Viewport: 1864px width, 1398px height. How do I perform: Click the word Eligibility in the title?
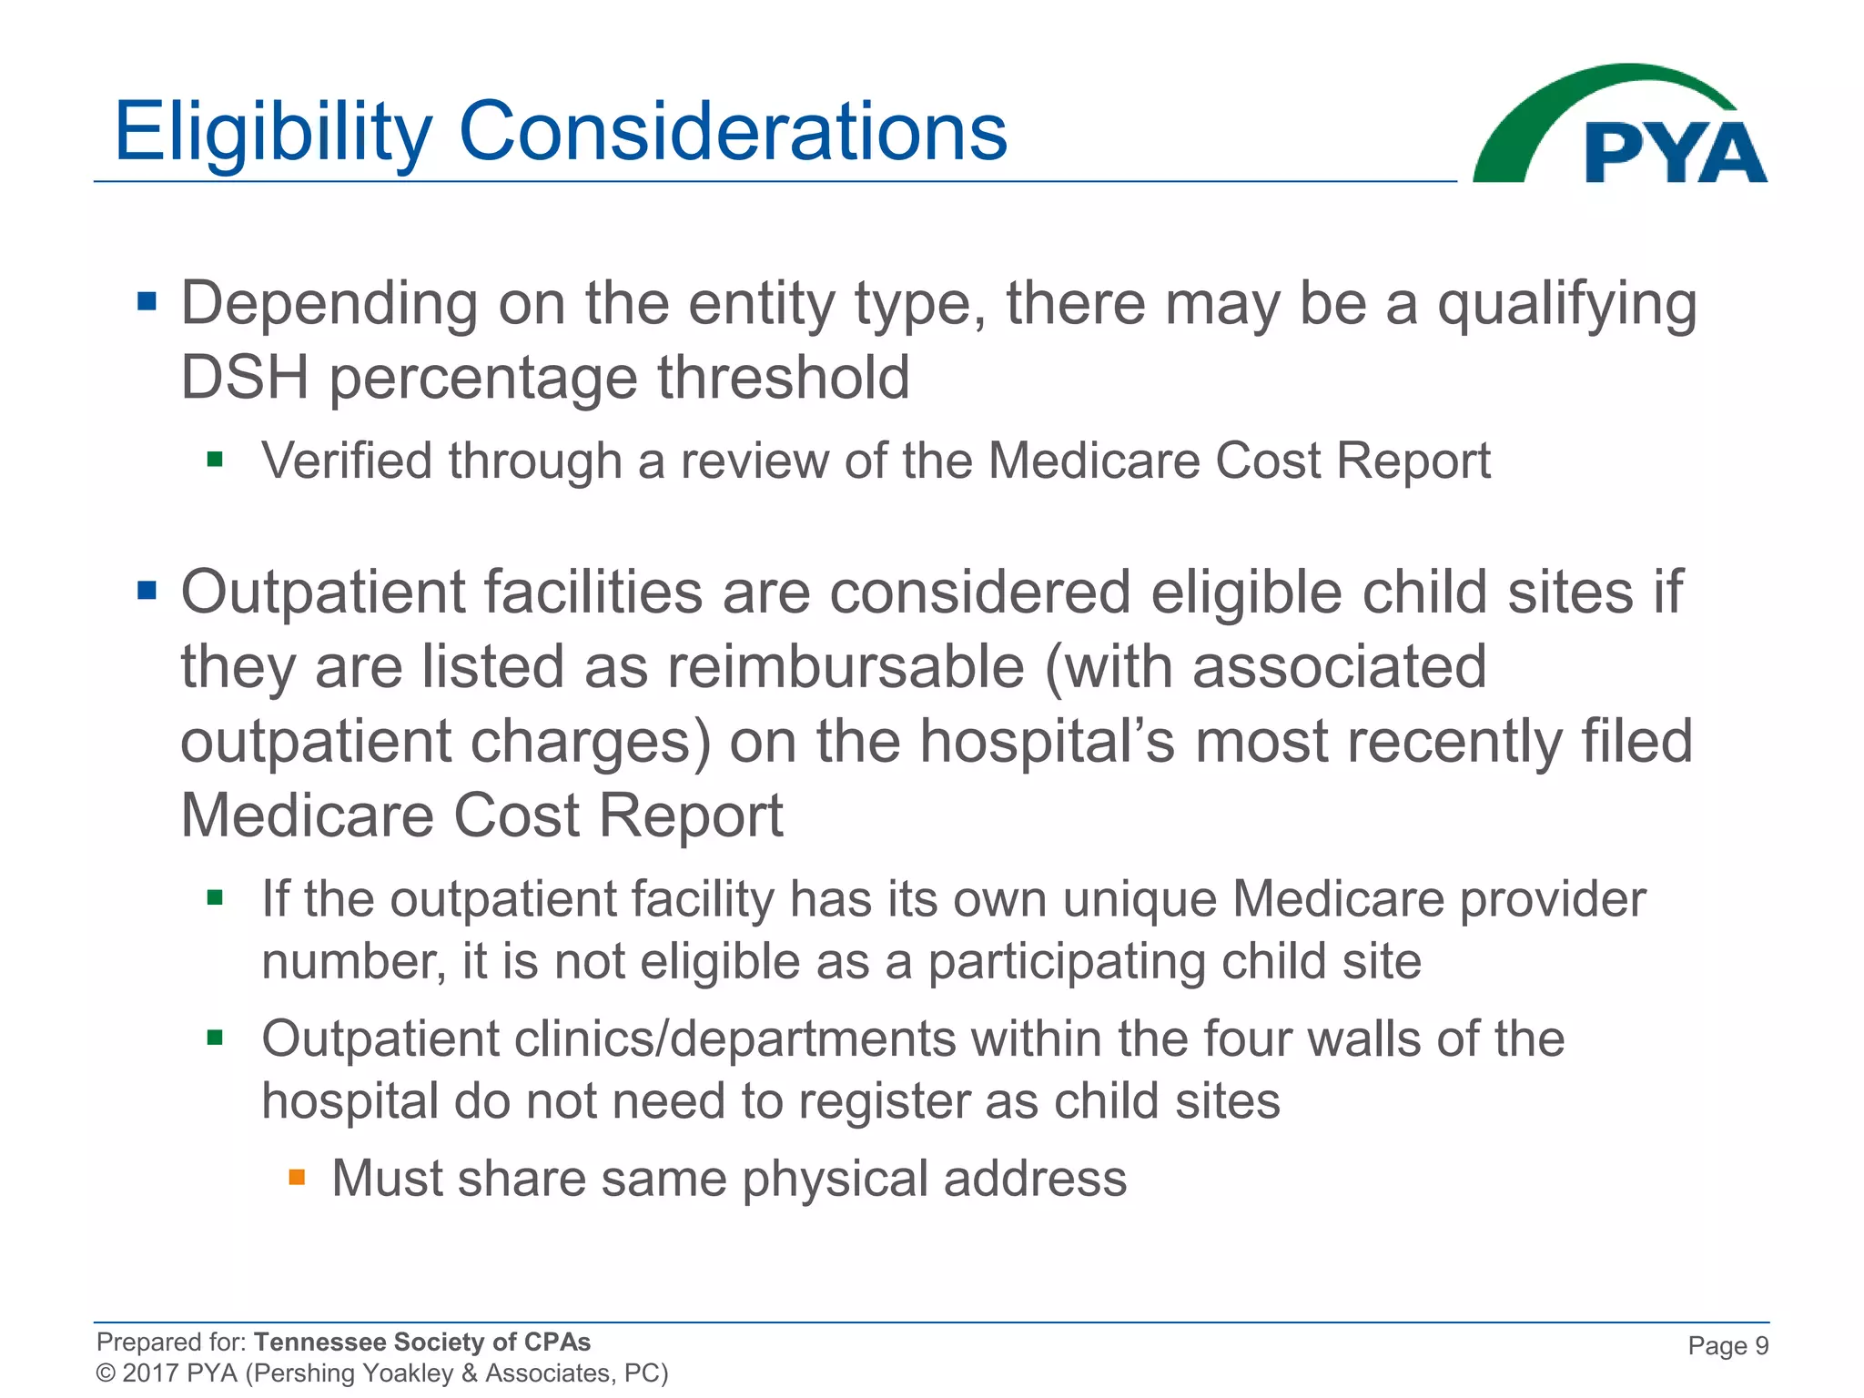[272, 132]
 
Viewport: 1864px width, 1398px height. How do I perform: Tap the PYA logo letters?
[1675, 153]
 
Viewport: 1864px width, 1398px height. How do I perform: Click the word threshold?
[783, 378]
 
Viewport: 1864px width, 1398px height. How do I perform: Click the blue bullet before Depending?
[147, 301]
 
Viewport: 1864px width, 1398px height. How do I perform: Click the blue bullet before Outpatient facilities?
[147, 592]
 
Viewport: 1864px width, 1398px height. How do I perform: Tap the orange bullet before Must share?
[297, 1177]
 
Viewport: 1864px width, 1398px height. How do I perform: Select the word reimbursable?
[846, 667]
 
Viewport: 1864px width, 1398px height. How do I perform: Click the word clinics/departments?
[734, 1038]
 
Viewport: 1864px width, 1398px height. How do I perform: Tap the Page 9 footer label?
[1727, 1345]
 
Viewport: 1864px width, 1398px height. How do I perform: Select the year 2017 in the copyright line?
[149, 1373]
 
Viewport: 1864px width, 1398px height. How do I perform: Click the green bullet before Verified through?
[215, 460]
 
